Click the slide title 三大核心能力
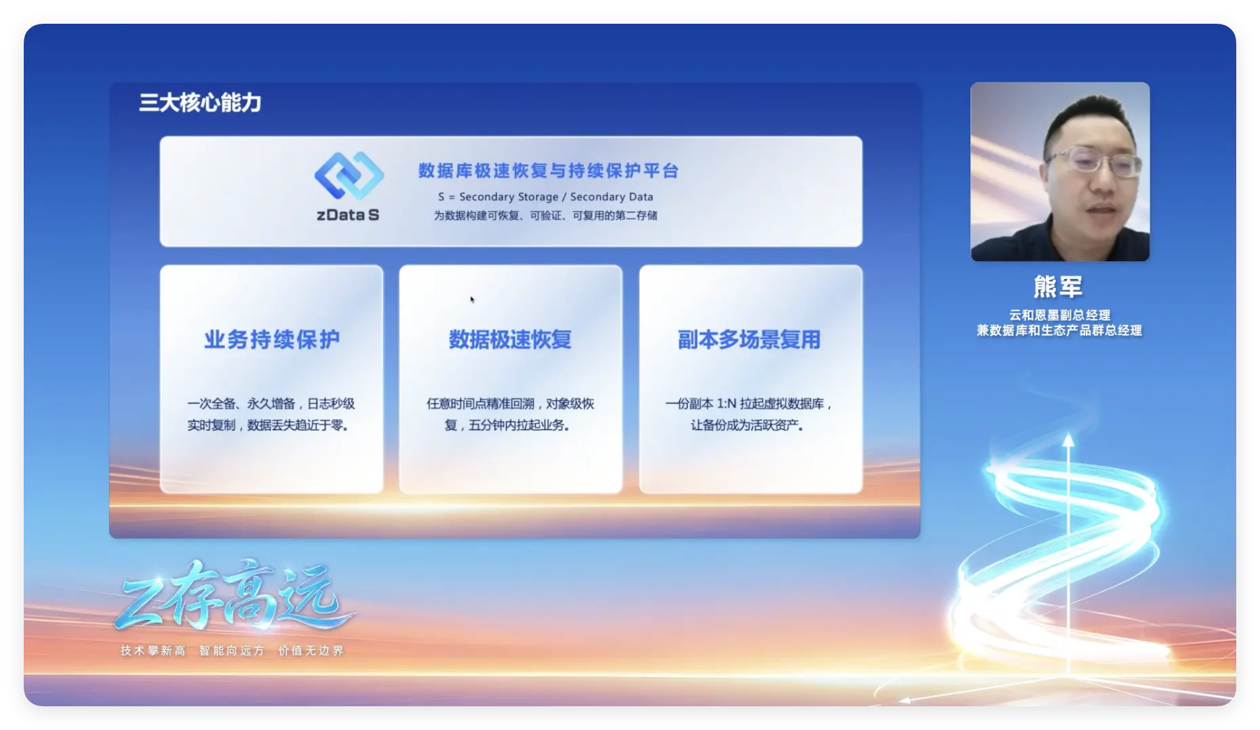[x=200, y=102]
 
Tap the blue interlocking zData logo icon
[x=349, y=176]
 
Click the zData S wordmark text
[x=348, y=215]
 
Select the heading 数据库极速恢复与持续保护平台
[x=548, y=171]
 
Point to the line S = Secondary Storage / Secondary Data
[x=545, y=197]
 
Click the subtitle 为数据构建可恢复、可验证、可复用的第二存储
[x=545, y=216]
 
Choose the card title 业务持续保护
[x=272, y=339]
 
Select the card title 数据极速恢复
[x=510, y=339]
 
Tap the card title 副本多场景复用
[x=749, y=339]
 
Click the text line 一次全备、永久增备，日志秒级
[x=271, y=404]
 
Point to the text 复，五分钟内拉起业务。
[x=507, y=425]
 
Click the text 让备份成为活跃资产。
[x=747, y=425]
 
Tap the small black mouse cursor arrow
[x=472, y=299]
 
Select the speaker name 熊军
[x=1058, y=287]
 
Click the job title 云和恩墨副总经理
[x=1059, y=315]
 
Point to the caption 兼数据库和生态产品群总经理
[x=1059, y=330]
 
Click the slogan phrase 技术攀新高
[x=153, y=651]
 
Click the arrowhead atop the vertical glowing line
[x=1068, y=440]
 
